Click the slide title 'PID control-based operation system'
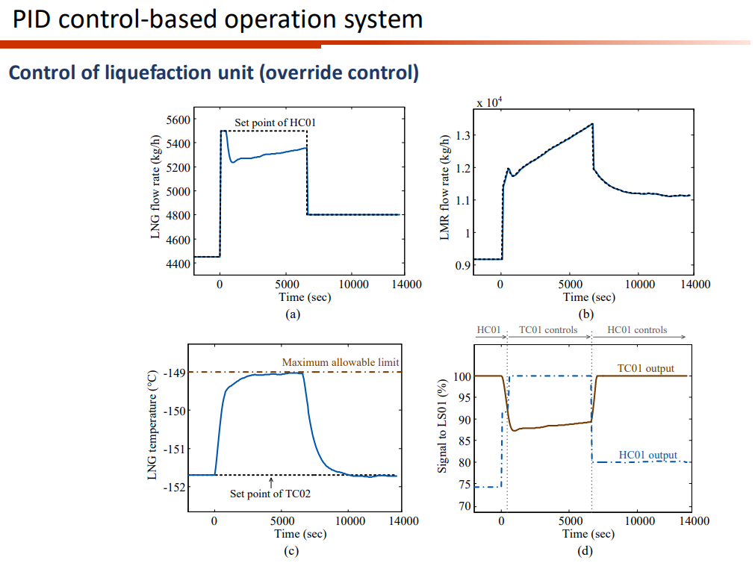tap(217, 19)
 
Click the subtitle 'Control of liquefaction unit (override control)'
tap(213, 73)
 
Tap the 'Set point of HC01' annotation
tap(270, 122)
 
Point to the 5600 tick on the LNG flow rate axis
tap(177, 119)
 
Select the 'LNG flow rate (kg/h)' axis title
tap(156, 187)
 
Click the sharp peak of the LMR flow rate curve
tap(592, 124)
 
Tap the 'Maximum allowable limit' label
tap(341, 362)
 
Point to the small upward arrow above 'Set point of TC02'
tap(271, 482)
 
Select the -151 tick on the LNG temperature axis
tap(173, 449)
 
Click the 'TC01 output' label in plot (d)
tap(645, 368)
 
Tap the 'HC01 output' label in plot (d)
tap(647, 455)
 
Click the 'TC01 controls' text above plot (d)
tap(548, 329)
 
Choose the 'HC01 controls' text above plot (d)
tap(637, 329)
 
